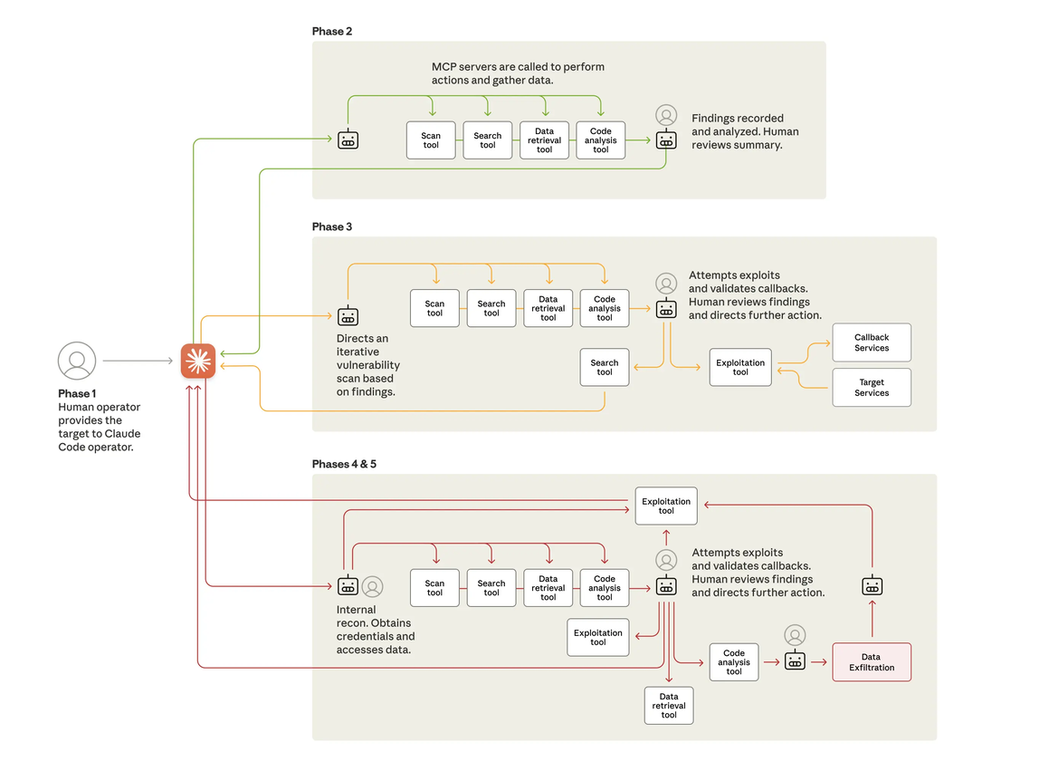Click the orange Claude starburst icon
coord(198,361)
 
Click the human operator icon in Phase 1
coord(77,361)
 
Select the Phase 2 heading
coord(332,32)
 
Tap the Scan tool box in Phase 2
coord(431,140)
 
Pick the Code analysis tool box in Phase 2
coord(601,140)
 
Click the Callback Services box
coord(872,342)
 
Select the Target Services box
coord(872,388)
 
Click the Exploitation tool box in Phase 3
coord(740,367)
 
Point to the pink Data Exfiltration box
coord(871,662)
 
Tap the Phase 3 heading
coord(332,227)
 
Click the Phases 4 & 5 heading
coord(344,464)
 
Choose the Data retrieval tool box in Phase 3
coord(548,309)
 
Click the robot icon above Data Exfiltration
coord(872,585)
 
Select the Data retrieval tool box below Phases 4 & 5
coord(669,706)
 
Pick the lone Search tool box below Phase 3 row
coord(605,368)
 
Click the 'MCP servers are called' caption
coord(518,73)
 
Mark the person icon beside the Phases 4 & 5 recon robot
coord(372,586)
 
